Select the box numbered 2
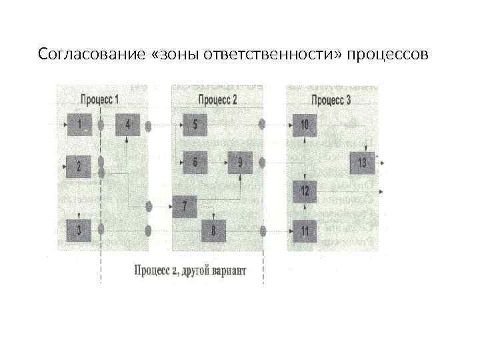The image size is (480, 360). click(x=79, y=165)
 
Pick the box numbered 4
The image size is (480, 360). click(x=128, y=125)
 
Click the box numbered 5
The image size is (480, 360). click(x=195, y=125)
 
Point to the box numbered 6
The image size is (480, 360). click(x=195, y=162)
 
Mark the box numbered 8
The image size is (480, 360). click(x=213, y=231)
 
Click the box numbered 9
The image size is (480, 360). click(x=240, y=162)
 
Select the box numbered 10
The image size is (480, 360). click(x=305, y=125)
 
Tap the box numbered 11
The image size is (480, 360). click(x=305, y=231)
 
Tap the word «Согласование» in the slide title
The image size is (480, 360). click(x=80, y=53)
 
